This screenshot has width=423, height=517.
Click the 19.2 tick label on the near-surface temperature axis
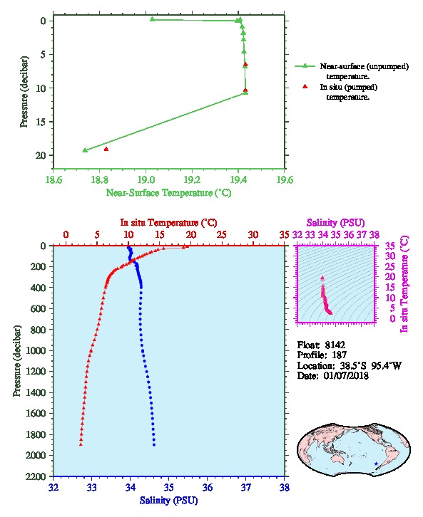pyautogui.click(x=192, y=179)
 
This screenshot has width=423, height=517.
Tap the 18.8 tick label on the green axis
pyautogui.click(x=99, y=179)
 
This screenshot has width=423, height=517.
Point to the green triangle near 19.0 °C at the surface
pyautogui.click(x=152, y=19)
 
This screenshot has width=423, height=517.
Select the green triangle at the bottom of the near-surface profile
pyautogui.click(x=85, y=150)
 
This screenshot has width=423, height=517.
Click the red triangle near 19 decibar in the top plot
pyautogui.click(x=106, y=149)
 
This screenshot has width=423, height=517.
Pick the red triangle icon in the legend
pyautogui.click(x=305, y=86)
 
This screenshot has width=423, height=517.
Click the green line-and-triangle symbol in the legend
pyautogui.click(x=305, y=66)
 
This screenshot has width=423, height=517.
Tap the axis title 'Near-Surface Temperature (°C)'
pyautogui.click(x=168, y=193)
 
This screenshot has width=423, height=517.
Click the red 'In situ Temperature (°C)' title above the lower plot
pyautogui.click(x=168, y=223)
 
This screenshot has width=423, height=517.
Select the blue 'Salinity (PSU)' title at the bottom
pyautogui.click(x=168, y=501)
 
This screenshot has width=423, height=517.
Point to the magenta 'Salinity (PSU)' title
pyautogui.click(x=335, y=223)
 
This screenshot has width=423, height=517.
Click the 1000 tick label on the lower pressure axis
pyautogui.click(x=36, y=350)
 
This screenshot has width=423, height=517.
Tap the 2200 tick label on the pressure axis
pyautogui.click(x=36, y=476)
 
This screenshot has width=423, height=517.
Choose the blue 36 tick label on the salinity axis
pyautogui.click(x=207, y=487)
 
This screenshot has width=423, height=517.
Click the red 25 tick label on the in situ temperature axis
pyautogui.click(x=222, y=235)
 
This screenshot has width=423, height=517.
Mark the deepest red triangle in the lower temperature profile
pyautogui.click(x=81, y=444)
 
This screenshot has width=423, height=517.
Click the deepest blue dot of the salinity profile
pyautogui.click(x=154, y=445)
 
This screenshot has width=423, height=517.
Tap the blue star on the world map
pyautogui.click(x=376, y=464)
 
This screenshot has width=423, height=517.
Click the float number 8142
pyautogui.click(x=335, y=345)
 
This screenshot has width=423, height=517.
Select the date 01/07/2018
pyautogui.click(x=346, y=375)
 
